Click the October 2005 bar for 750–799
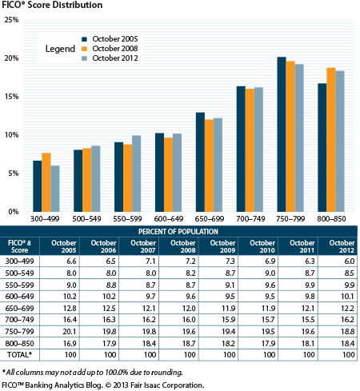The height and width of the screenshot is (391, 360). (x=282, y=134)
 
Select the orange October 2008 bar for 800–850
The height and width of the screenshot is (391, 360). (x=331, y=140)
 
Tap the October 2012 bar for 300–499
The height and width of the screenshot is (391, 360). (x=55, y=189)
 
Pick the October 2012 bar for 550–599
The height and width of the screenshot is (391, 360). (x=137, y=174)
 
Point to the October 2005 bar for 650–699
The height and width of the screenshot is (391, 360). (x=200, y=162)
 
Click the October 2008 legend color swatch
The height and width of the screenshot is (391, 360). (x=84, y=49)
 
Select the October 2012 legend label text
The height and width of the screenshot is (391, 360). (x=115, y=58)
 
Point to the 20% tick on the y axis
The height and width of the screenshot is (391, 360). (x=11, y=58)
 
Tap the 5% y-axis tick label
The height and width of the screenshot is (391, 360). (x=14, y=174)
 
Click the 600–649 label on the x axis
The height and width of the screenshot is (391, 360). (x=169, y=219)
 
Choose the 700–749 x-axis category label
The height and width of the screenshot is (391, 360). (x=250, y=219)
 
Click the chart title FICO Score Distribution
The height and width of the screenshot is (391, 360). (x=52, y=5)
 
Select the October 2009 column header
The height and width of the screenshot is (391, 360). (x=222, y=246)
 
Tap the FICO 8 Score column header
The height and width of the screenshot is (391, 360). (x=19, y=246)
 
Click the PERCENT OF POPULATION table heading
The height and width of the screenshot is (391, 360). (x=178, y=232)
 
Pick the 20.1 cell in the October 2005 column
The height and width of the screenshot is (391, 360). (x=70, y=332)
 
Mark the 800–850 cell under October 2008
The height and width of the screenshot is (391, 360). (x=189, y=344)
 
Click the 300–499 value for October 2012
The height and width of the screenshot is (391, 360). (x=350, y=261)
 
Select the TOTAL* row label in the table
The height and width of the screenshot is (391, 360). (x=19, y=355)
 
